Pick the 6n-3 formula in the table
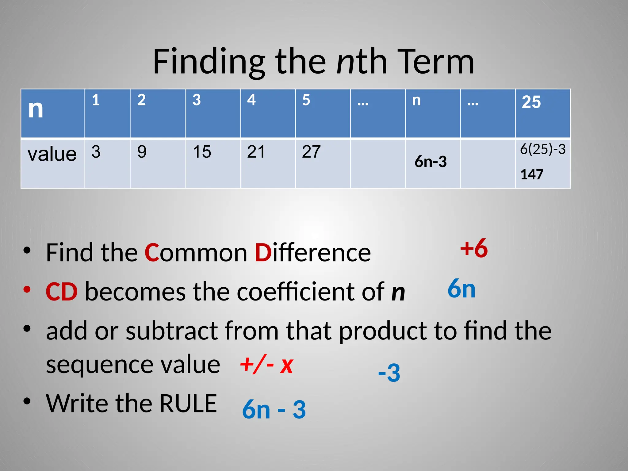click(431, 162)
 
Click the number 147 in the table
click(532, 174)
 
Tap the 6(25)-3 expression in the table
click(542, 149)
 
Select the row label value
click(52, 154)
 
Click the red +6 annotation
click(474, 248)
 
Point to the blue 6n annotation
click(461, 289)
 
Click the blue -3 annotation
click(389, 373)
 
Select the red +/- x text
click(266, 365)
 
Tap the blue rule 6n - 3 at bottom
click(274, 410)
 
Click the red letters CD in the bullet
click(61, 292)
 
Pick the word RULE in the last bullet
click(188, 404)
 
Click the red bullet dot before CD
click(27, 289)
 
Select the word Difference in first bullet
click(313, 253)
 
